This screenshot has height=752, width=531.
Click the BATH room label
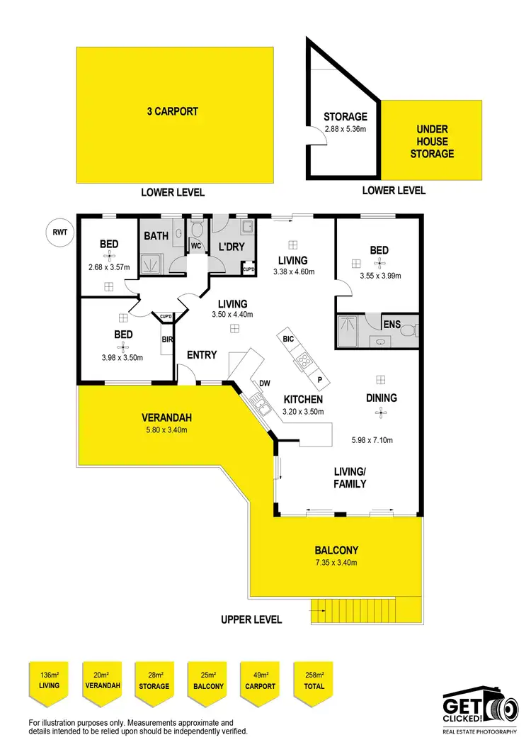156,236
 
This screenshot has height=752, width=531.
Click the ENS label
392,324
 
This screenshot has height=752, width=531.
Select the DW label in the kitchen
265,384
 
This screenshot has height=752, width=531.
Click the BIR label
168,340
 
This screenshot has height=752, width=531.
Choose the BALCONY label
336,550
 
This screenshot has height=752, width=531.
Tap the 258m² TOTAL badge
314,681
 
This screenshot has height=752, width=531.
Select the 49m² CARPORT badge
261,681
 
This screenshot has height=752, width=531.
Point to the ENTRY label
202,355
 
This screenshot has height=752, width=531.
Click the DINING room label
381,398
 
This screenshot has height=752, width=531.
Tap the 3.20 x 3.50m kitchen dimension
303,411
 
